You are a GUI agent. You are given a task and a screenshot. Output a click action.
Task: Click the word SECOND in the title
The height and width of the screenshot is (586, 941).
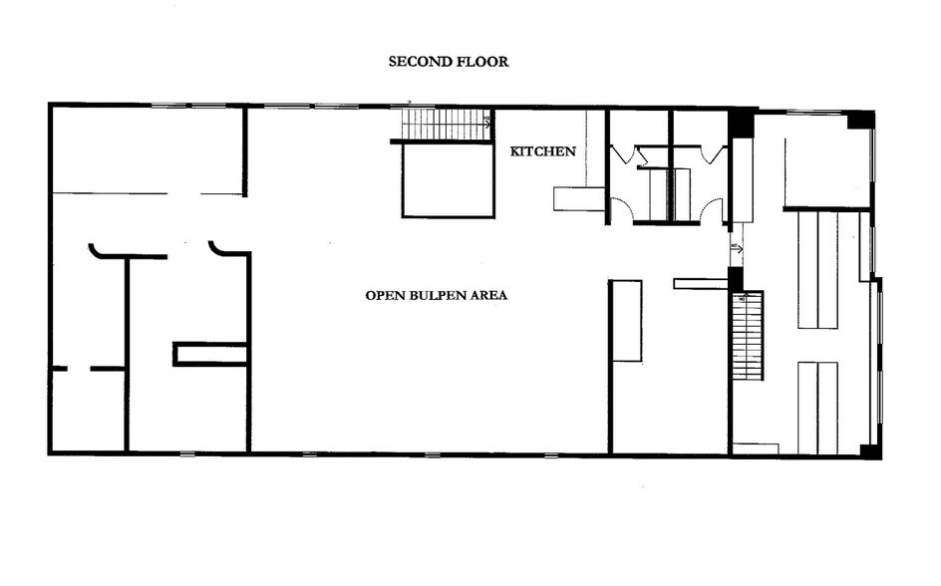coord(418,62)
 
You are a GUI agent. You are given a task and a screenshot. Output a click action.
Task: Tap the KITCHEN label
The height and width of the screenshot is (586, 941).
coord(543,151)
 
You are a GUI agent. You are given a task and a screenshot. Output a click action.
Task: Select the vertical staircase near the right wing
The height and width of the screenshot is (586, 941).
coord(748,335)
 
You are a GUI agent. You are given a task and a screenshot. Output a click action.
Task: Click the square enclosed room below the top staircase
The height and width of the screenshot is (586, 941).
coord(448,180)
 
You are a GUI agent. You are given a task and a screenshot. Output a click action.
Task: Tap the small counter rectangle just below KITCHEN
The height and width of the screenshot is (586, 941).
coord(579,198)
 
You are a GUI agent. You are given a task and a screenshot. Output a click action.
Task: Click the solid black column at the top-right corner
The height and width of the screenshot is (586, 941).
coord(861,120)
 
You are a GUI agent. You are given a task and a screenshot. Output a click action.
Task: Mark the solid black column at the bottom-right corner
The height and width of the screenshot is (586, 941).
coord(870,450)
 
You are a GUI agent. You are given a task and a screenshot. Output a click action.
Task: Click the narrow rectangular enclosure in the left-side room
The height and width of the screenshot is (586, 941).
coord(211,354)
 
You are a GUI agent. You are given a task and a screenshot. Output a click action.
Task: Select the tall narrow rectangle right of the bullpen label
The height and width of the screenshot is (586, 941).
coord(626,321)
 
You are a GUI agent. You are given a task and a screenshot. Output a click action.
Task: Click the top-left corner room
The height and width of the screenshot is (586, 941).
coord(148,149)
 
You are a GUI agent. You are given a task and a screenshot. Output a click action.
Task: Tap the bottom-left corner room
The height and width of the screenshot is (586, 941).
coord(88,411)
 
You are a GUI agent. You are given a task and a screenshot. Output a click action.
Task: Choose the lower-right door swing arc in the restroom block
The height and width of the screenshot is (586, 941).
coord(712,210)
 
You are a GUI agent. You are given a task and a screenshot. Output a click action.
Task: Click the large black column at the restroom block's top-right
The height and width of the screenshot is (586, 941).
coord(742,124)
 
